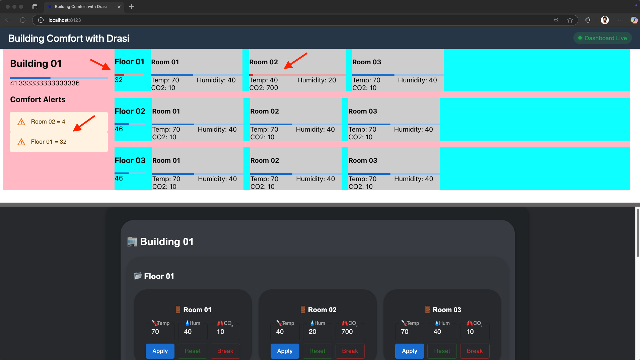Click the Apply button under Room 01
[160, 351]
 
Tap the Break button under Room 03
[475, 351]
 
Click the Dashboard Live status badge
[602, 38]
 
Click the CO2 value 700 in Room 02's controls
[347, 332]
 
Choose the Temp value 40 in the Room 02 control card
[280, 332]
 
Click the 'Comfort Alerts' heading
[38, 99]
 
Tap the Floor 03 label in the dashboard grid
[130, 160]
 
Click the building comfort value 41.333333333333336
[45, 83]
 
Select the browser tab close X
[119, 7]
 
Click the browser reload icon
[23, 20]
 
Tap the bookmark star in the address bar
[570, 20]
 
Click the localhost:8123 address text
[65, 20]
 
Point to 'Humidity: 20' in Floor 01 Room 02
[316, 80]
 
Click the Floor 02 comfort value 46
[119, 129]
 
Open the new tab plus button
[131, 7]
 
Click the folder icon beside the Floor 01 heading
[138, 276]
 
